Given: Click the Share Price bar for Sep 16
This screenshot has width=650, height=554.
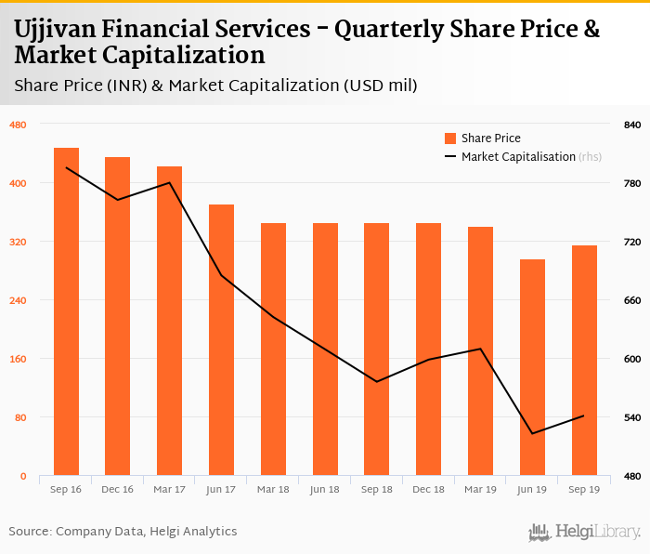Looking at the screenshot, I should (66, 311).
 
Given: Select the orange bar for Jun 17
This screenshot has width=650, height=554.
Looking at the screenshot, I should (221, 340).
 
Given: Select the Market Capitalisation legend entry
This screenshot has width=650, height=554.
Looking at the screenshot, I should (517, 156).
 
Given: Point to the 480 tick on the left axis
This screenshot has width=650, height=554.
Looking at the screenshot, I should (18, 125).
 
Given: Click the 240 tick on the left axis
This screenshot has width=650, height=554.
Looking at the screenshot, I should (18, 300).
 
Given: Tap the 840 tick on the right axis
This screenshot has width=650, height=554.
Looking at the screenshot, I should (632, 125).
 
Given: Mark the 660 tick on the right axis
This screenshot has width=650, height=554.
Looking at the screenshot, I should (632, 300).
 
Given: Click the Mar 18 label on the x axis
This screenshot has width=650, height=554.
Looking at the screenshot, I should (273, 489).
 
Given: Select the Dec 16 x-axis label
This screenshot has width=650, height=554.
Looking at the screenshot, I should (117, 489).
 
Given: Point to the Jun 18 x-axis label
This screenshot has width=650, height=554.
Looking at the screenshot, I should (325, 489).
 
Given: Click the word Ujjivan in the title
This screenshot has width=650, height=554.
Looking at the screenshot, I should (58, 29).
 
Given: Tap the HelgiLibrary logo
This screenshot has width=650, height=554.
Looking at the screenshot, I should (584, 532).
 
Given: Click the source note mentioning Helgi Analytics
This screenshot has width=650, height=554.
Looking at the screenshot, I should (123, 532).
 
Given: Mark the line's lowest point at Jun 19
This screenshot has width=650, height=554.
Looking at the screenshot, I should (532, 433).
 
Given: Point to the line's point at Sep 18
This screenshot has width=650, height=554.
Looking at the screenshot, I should (376, 381).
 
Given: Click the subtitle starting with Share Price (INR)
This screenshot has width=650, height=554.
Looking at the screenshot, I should (215, 86).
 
